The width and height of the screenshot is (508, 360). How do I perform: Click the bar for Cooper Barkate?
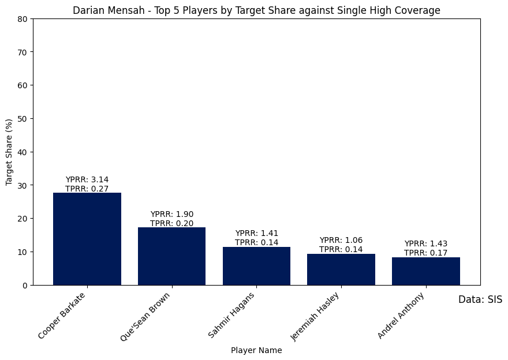[87, 239]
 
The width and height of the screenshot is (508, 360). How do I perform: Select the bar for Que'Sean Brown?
[171, 256]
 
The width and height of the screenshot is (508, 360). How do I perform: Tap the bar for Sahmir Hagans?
[256, 266]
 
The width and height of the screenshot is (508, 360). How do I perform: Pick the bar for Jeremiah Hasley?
[341, 269]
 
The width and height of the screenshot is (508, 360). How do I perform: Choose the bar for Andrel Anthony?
[426, 271]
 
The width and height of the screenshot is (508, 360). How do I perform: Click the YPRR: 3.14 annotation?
[87, 179]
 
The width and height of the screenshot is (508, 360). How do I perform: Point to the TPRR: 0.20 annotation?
[171, 223]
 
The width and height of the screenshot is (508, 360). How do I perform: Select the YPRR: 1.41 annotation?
[256, 233]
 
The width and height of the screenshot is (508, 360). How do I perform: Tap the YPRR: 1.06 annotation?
[341, 240]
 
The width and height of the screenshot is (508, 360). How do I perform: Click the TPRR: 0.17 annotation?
[426, 253]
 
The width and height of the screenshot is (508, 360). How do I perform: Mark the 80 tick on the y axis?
[23, 18]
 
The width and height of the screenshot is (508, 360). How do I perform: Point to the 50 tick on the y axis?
[23, 118]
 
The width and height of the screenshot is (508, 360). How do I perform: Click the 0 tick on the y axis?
[25, 285]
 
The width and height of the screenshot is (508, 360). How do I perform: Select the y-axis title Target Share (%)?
[9, 152]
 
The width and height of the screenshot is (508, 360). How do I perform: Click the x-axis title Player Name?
[256, 350]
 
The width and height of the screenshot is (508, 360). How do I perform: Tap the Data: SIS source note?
[480, 299]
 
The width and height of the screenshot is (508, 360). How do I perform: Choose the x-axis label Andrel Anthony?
[402, 316]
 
